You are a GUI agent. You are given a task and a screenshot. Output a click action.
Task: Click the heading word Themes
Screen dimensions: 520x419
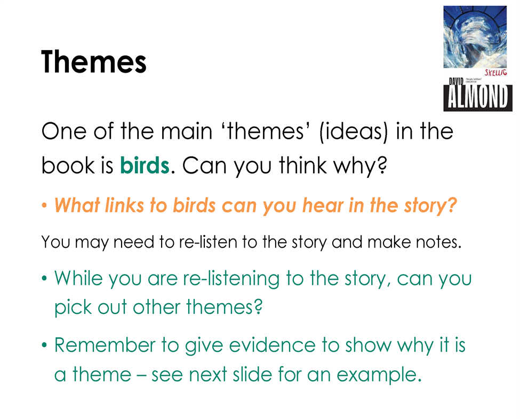[x=93, y=62]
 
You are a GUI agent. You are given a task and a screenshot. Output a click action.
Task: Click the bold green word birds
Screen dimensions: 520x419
[x=145, y=165]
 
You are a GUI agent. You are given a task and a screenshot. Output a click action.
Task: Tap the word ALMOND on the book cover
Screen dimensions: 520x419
[x=477, y=97]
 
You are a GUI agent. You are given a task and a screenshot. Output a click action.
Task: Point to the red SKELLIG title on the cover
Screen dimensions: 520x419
[x=495, y=73]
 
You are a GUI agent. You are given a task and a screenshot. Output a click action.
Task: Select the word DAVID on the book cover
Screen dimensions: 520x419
[x=456, y=81]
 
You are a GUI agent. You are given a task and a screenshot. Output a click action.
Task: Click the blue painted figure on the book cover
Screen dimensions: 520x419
[x=475, y=36]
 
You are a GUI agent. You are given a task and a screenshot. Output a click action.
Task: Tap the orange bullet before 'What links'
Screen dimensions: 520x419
[x=44, y=205]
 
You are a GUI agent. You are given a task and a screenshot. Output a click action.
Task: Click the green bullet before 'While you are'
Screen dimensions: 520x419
[x=44, y=278]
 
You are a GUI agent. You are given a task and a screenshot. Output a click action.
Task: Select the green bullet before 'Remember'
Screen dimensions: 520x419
[x=44, y=345]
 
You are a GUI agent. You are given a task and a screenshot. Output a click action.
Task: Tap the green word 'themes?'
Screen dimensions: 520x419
[x=224, y=306]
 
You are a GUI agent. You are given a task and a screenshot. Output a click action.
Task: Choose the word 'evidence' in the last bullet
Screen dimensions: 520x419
[x=272, y=345]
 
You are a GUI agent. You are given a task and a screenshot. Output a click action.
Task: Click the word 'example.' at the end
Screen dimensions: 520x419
[x=379, y=375]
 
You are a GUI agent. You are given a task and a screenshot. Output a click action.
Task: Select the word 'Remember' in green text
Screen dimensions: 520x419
[x=105, y=345]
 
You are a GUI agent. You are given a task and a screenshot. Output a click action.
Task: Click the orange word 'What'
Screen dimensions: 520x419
[x=77, y=205]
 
